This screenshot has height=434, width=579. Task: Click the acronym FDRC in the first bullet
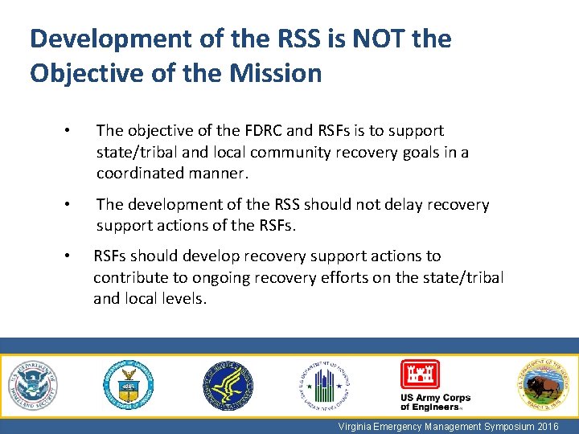pyautogui.click(x=264, y=130)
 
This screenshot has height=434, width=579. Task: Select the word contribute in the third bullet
pyautogui.click(x=129, y=277)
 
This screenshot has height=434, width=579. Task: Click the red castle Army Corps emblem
pyautogui.click(x=421, y=375)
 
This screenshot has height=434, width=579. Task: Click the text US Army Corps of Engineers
pyautogui.click(x=435, y=403)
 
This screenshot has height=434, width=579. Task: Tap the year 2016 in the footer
pyautogui.click(x=548, y=426)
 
